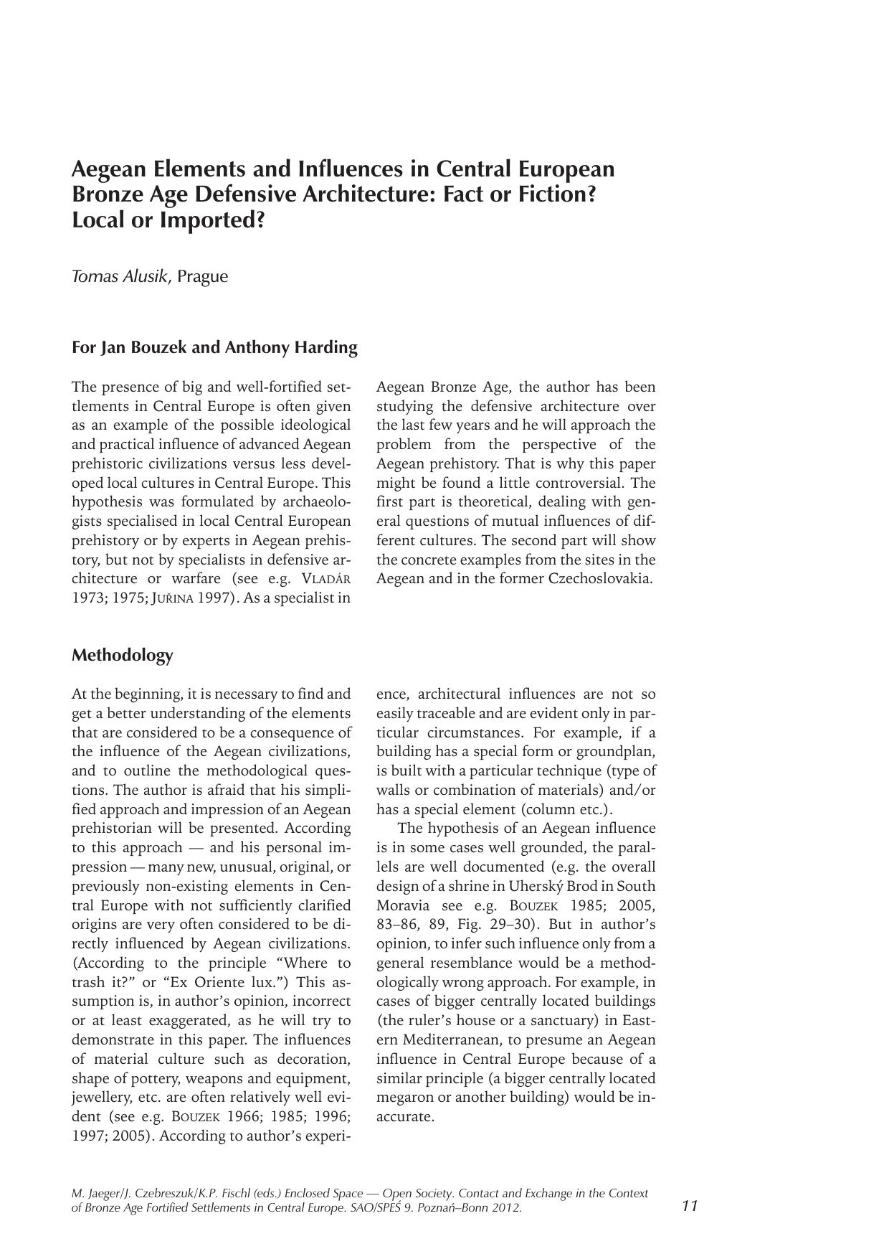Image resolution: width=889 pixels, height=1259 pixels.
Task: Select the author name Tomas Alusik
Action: click(x=120, y=276)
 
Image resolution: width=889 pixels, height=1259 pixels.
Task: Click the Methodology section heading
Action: click(x=123, y=655)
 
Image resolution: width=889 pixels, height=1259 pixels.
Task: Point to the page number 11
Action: click(x=690, y=1205)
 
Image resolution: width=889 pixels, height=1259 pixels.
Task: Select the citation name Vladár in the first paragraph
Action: click(x=326, y=579)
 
